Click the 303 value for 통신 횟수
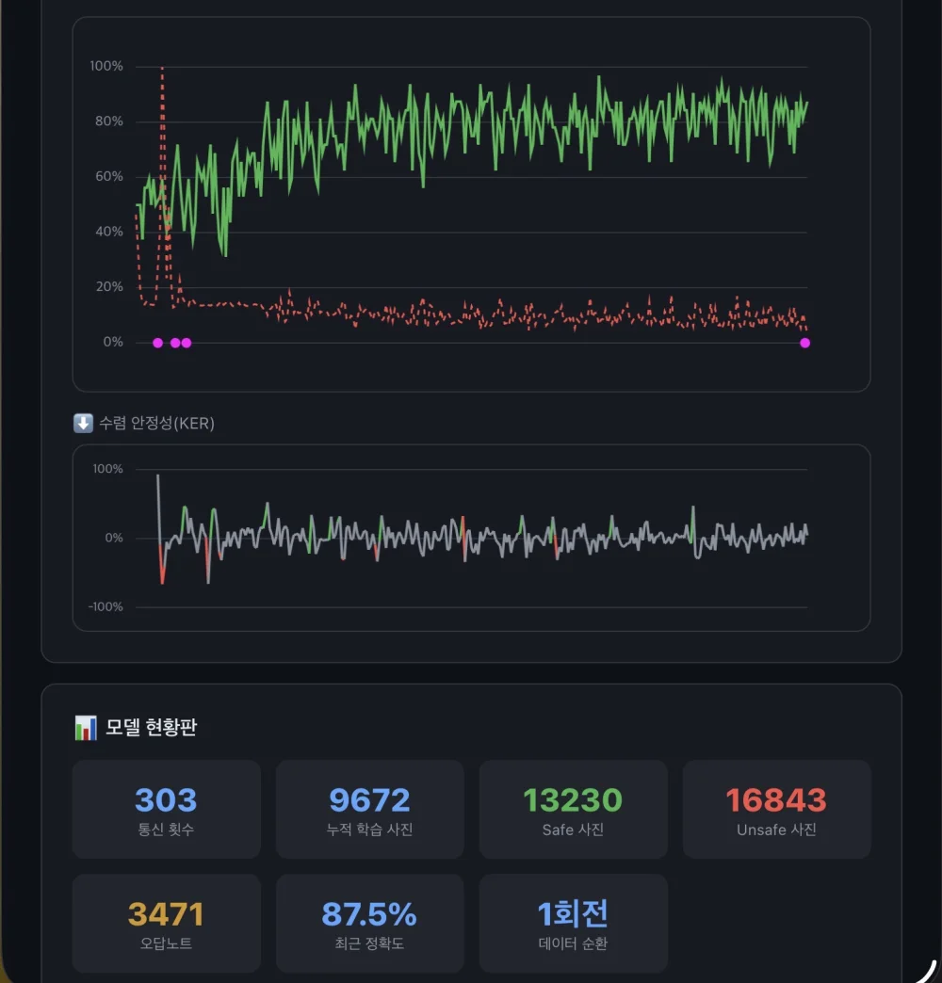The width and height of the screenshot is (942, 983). (x=166, y=800)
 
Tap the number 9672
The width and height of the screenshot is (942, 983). (x=369, y=800)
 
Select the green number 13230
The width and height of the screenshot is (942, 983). (x=573, y=800)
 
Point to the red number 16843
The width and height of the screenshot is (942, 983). (x=776, y=800)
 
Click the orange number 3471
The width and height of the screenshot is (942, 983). (x=166, y=914)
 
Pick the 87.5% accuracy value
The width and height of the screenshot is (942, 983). (x=369, y=914)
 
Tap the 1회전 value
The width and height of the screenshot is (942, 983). (x=573, y=914)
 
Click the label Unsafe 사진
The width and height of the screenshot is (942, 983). (x=776, y=830)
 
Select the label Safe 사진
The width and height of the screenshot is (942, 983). (x=573, y=830)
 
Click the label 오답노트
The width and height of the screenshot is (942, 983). (x=166, y=943)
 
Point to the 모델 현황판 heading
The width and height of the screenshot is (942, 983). (x=151, y=727)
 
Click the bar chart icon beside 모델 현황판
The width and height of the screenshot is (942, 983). (x=86, y=728)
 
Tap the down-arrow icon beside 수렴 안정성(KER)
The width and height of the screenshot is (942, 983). (x=84, y=423)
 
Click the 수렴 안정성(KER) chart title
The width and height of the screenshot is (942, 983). (x=156, y=423)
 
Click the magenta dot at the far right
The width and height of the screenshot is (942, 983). (x=805, y=343)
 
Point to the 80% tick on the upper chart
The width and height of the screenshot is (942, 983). (x=109, y=121)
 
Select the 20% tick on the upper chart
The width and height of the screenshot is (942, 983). (x=109, y=286)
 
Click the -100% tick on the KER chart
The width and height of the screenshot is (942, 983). (x=106, y=607)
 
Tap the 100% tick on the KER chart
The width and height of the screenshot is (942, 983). (x=108, y=469)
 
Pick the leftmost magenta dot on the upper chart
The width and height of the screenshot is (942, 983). (x=158, y=343)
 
